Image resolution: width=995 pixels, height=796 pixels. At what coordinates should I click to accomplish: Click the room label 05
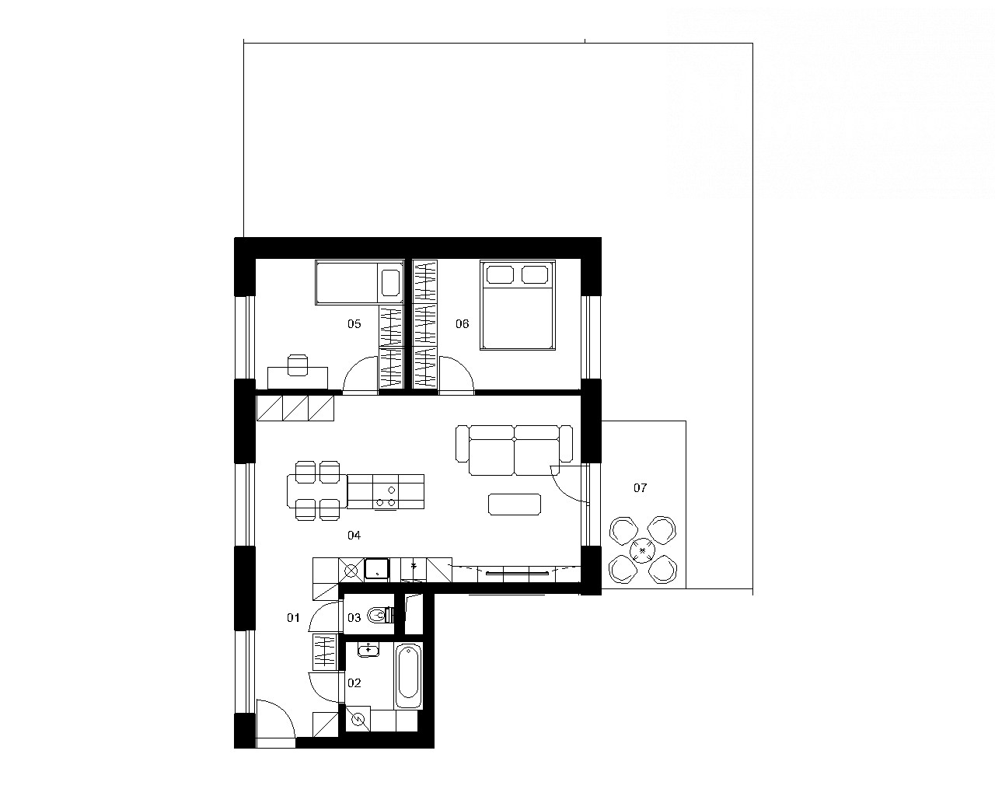tap(354, 324)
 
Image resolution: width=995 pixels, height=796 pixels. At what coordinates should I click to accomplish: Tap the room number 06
tap(463, 324)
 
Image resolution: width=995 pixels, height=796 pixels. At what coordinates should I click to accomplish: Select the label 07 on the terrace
tap(641, 487)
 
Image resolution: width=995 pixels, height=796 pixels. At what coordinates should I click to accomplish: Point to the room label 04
tap(354, 535)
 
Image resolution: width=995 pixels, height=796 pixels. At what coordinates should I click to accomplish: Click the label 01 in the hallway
tap(294, 617)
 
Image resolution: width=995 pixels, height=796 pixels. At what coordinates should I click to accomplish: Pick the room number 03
tap(354, 617)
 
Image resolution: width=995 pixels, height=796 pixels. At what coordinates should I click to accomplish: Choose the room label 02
tap(354, 683)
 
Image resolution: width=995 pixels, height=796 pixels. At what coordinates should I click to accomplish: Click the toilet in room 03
tap(381, 615)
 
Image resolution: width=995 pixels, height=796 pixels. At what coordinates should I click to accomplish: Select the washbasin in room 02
tap(368, 650)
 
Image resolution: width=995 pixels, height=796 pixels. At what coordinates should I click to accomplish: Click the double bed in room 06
tap(518, 305)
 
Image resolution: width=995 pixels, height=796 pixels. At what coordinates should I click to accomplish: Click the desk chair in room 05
tap(297, 365)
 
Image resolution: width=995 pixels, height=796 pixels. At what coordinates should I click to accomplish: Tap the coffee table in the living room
tap(515, 504)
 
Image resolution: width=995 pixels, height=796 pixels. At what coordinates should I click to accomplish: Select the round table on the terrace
tap(643, 550)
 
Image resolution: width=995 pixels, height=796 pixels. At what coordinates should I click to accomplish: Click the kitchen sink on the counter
tap(377, 569)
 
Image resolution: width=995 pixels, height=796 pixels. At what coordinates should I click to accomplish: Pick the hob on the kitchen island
tap(386, 496)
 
